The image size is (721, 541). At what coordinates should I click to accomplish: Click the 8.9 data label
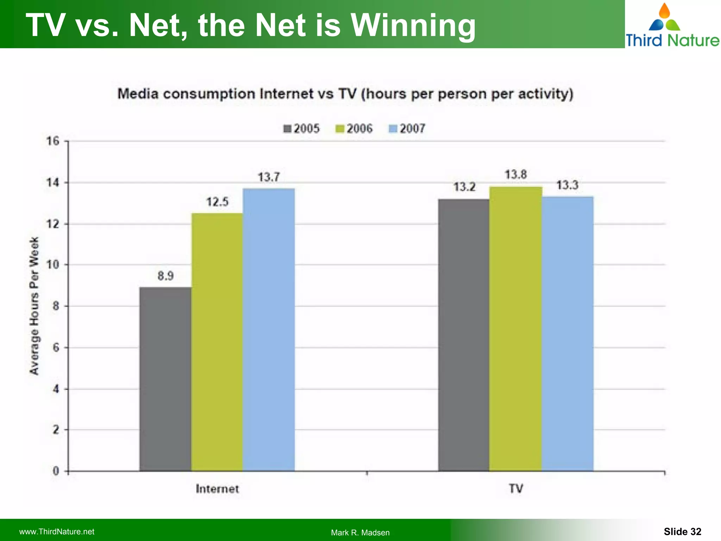pyautogui.click(x=165, y=276)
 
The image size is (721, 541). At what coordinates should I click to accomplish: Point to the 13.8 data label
pyautogui.click(x=516, y=174)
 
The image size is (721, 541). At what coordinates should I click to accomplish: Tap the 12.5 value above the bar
pyautogui.click(x=217, y=202)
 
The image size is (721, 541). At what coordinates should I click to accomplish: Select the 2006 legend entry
pyautogui.click(x=354, y=129)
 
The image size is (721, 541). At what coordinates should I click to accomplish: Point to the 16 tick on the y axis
pyautogui.click(x=53, y=141)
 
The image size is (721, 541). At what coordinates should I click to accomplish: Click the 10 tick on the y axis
pyautogui.click(x=53, y=265)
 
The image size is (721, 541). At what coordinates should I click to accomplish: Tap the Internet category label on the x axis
pyautogui.click(x=217, y=489)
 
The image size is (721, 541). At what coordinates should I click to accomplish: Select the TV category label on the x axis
pyautogui.click(x=516, y=489)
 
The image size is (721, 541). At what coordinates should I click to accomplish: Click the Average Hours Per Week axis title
pyautogui.click(x=34, y=306)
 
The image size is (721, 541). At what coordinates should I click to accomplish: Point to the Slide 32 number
pyautogui.click(x=682, y=531)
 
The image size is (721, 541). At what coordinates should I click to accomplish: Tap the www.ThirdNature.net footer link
pyautogui.click(x=57, y=532)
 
